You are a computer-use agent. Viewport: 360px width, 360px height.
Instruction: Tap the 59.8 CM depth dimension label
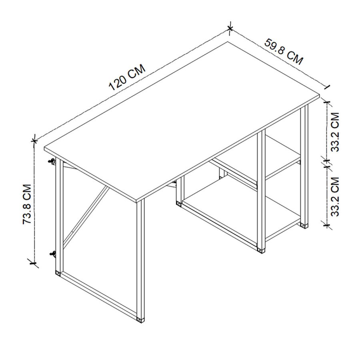point(284,51)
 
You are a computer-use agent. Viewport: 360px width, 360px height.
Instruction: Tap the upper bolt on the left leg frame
point(51,161)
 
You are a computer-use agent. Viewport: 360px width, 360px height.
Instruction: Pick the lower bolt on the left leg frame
point(52,253)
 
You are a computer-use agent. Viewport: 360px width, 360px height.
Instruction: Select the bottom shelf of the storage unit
point(240,212)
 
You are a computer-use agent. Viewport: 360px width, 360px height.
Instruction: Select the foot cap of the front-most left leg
point(140,320)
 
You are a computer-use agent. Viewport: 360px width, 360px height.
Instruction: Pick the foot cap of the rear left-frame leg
point(58,274)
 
